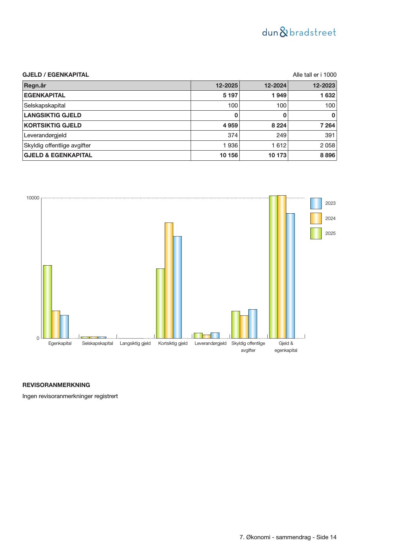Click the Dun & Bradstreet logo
coord(299,32)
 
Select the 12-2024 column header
coord(275,85)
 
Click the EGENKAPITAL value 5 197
coord(230,95)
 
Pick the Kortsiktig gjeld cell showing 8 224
coord(279,125)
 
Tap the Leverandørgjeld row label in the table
coord(45,135)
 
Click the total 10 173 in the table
coord(277,155)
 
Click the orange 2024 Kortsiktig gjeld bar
coord(169,280)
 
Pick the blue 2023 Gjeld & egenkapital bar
coord(290,275)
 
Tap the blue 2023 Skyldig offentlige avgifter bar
coord(252,324)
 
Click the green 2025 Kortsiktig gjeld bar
coord(160,303)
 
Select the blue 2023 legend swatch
coord(316,204)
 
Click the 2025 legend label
coord(330,233)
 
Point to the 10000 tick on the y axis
coord(33,198)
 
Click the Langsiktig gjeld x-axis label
coord(135,343)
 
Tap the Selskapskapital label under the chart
coord(98,343)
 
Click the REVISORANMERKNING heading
coord(56,385)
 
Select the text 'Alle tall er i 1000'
coord(314,75)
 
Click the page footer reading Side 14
coord(288,537)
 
